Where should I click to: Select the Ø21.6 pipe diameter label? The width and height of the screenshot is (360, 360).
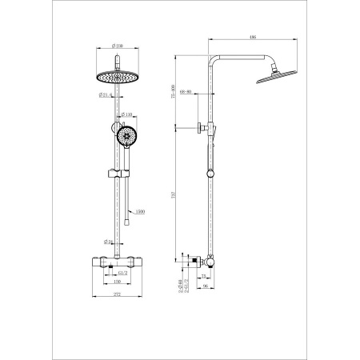105,95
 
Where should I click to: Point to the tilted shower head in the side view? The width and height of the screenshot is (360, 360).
269,79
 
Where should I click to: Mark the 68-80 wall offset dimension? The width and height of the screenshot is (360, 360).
186,91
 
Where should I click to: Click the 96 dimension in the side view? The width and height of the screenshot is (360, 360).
205,285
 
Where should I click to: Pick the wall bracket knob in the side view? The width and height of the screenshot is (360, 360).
195,127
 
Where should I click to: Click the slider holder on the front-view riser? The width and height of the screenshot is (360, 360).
118,172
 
